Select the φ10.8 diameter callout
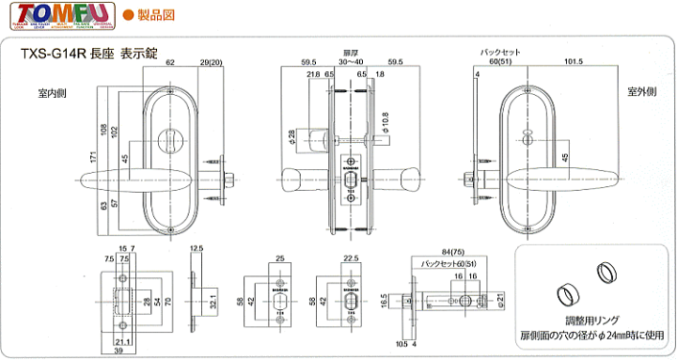point(385,121)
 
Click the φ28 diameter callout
point(292,139)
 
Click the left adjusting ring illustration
point(568,294)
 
